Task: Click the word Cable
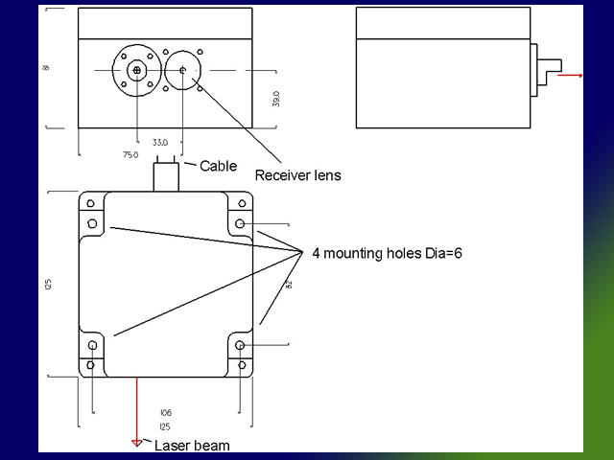(x=218, y=166)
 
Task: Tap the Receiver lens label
(x=297, y=175)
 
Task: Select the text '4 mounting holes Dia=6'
(x=388, y=253)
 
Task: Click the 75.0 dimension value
(x=130, y=153)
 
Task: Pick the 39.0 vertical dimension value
(x=275, y=100)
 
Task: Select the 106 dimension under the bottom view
(x=165, y=413)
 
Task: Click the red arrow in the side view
(x=570, y=74)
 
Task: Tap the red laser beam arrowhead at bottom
(x=137, y=443)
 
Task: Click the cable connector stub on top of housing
(x=165, y=176)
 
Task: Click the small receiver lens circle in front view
(x=181, y=70)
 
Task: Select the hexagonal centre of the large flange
(x=137, y=70)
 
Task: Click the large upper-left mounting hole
(x=92, y=224)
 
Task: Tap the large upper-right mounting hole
(x=240, y=224)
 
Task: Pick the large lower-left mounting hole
(x=92, y=346)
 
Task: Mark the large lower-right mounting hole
(x=240, y=346)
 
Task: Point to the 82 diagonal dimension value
(x=287, y=284)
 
